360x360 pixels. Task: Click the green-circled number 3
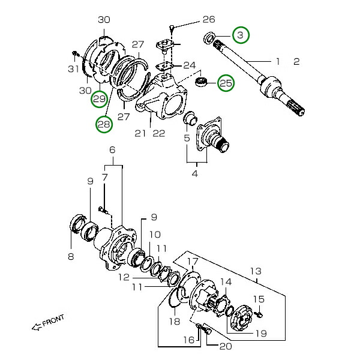pos(240,35)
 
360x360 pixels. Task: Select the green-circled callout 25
pos(226,83)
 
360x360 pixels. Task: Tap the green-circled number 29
pos(100,98)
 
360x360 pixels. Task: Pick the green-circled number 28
pos(104,124)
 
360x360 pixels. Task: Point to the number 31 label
pos(73,70)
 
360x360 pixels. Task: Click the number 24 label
pos(189,65)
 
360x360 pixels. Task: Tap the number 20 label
pos(225,346)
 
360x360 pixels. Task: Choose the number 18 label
pos(174,322)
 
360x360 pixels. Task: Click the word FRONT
pos(53,322)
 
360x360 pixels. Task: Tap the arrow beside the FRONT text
pos(35,327)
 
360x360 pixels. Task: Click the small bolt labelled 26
pos(173,27)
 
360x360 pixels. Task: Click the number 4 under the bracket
pos(194,174)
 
